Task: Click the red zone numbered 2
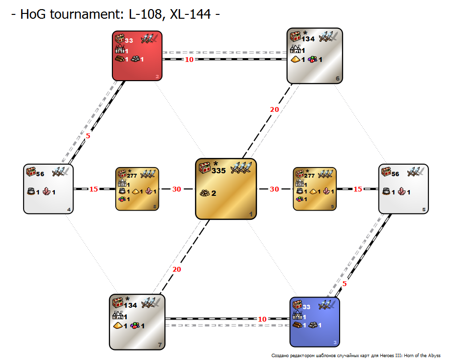click(x=137, y=56)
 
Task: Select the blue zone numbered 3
click(x=315, y=322)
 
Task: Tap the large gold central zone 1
click(x=226, y=189)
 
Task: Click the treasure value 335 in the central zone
click(x=219, y=171)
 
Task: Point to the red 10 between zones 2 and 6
click(x=189, y=60)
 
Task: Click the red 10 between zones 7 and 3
click(x=262, y=319)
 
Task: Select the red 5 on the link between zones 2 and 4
click(x=88, y=136)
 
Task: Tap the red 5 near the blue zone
click(x=344, y=284)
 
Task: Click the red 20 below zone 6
click(x=274, y=109)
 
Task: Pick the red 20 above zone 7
click(x=177, y=269)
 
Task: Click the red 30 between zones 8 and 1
click(x=177, y=189)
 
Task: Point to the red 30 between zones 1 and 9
click(x=274, y=189)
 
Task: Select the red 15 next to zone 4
click(x=94, y=189)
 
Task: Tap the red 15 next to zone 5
click(x=358, y=189)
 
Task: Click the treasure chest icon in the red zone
click(x=120, y=38)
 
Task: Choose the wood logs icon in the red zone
click(x=120, y=59)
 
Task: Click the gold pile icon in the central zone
click(x=205, y=193)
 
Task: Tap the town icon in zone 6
click(x=295, y=49)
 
